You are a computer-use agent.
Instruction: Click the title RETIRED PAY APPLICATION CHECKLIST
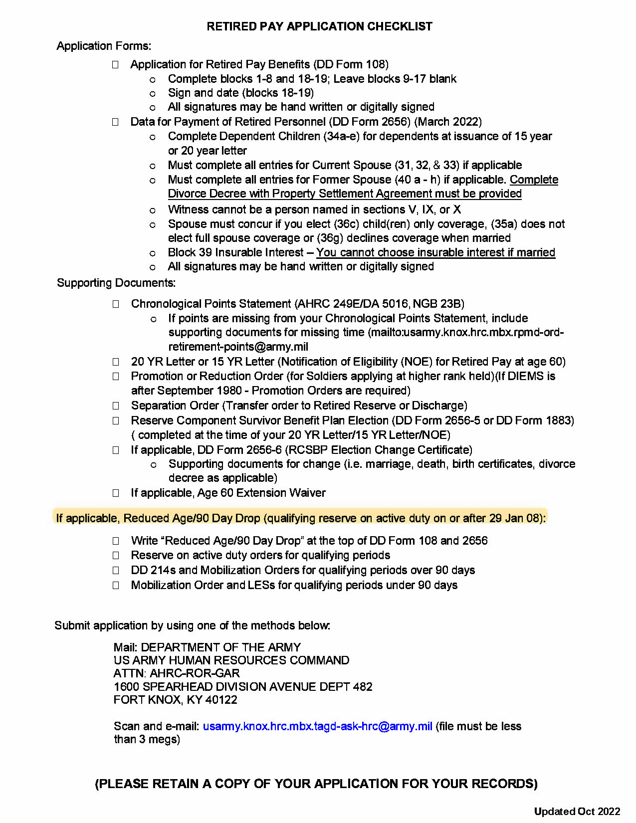coord(319,26)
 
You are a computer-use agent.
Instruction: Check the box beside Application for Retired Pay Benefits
coord(115,64)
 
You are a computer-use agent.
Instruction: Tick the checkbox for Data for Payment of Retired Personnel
coord(115,122)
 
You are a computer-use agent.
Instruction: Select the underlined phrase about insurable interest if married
coord(435,252)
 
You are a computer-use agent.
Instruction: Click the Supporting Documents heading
coord(116,283)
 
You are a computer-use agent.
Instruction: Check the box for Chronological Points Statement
coord(116,304)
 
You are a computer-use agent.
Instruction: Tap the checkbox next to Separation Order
coord(116,406)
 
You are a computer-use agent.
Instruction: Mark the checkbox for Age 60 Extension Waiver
coord(116,493)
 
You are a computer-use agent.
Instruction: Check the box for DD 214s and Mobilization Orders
coord(116,570)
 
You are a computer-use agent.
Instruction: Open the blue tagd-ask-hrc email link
coord(317,726)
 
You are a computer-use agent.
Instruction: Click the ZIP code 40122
coord(221,700)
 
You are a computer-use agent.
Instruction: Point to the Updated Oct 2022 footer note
coord(577,812)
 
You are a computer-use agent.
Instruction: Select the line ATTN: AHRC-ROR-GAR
coord(177,673)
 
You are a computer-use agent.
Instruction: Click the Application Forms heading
coord(104,46)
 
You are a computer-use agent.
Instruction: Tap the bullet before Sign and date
coord(153,93)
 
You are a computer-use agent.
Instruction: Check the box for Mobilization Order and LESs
coord(116,585)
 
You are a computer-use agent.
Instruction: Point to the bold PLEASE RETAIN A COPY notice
coord(316,784)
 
